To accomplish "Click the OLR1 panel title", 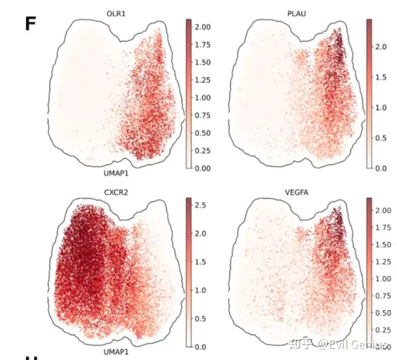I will pyautogui.click(x=118, y=13).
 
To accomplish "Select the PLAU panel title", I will pyautogui.click(x=296, y=13).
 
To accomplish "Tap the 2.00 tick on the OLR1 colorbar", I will pyautogui.click(x=203, y=27).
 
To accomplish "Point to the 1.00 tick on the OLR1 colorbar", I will pyautogui.click(x=203, y=97).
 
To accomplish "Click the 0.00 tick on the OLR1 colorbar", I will pyautogui.click(x=203, y=168).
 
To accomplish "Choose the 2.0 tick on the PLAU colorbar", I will pyautogui.click(x=381, y=46).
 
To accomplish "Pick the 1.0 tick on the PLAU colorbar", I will pyautogui.click(x=381, y=107).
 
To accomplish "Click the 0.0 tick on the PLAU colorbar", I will pyautogui.click(x=381, y=168).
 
